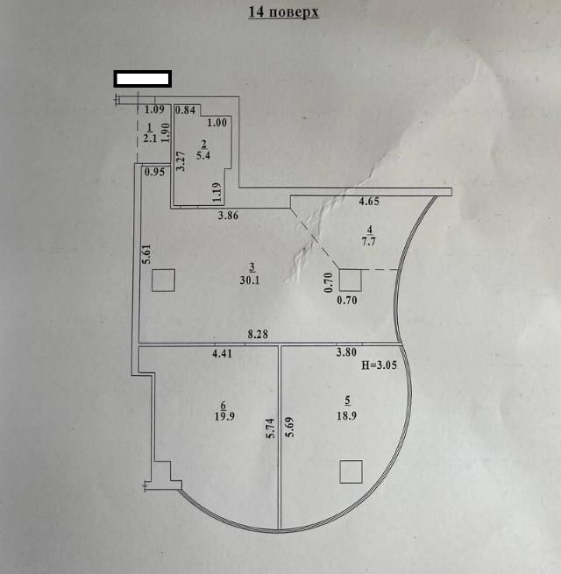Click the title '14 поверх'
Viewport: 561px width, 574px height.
[x=283, y=11]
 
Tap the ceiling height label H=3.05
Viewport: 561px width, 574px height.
[x=379, y=365]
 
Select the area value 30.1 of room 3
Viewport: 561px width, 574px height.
[x=250, y=280]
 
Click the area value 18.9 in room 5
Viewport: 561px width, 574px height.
[x=346, y=416]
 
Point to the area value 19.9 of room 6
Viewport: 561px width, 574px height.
[x=224, y=416]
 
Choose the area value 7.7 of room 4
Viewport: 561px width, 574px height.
[x=368, y=241]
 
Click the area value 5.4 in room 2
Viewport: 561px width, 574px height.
[x=203, y=155]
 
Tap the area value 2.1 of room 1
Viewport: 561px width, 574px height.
[x=150, y=138]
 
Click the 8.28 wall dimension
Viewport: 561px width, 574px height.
[x=258, y=334]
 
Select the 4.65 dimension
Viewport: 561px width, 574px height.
[x=369, y=202]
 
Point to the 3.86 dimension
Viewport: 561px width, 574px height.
[x=228, y=216]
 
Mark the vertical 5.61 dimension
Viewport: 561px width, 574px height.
[x=147, y=254]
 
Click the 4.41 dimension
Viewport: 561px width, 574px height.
[x=223, y=354]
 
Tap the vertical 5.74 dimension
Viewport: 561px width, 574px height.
[x=270, y=429]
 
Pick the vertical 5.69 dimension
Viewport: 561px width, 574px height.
[x=290, y=427]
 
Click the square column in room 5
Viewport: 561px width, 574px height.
[x=352, y=471]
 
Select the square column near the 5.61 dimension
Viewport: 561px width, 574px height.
[x=163, y=280]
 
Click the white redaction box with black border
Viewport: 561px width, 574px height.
[x=143, y=79]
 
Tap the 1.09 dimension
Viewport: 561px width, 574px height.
[x=154, y=110]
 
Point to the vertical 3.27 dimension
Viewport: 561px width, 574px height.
[x=181, y=161]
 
